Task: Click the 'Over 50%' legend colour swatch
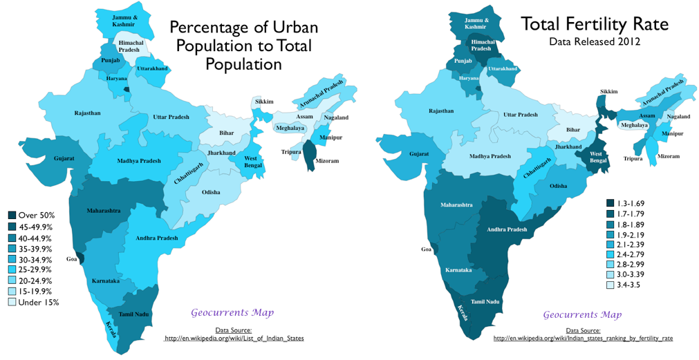point(12,216)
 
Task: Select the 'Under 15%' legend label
point(38,302)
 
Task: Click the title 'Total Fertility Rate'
point(595,25)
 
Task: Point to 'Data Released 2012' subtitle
point(595,41)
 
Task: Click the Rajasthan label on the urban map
point(88,113)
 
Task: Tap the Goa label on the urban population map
point(71,259)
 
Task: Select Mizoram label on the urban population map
point(328,161)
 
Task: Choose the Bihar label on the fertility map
point(573,129)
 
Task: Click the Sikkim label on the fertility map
point(608,92)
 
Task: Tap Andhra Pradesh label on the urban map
point(157,238)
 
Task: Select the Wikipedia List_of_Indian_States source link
point(233,339)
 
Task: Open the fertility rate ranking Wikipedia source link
point(583,339)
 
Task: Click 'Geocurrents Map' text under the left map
point(232,313)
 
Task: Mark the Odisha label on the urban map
point(211,192)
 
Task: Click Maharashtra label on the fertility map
point(457,205)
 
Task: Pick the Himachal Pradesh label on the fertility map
point(482,46)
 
